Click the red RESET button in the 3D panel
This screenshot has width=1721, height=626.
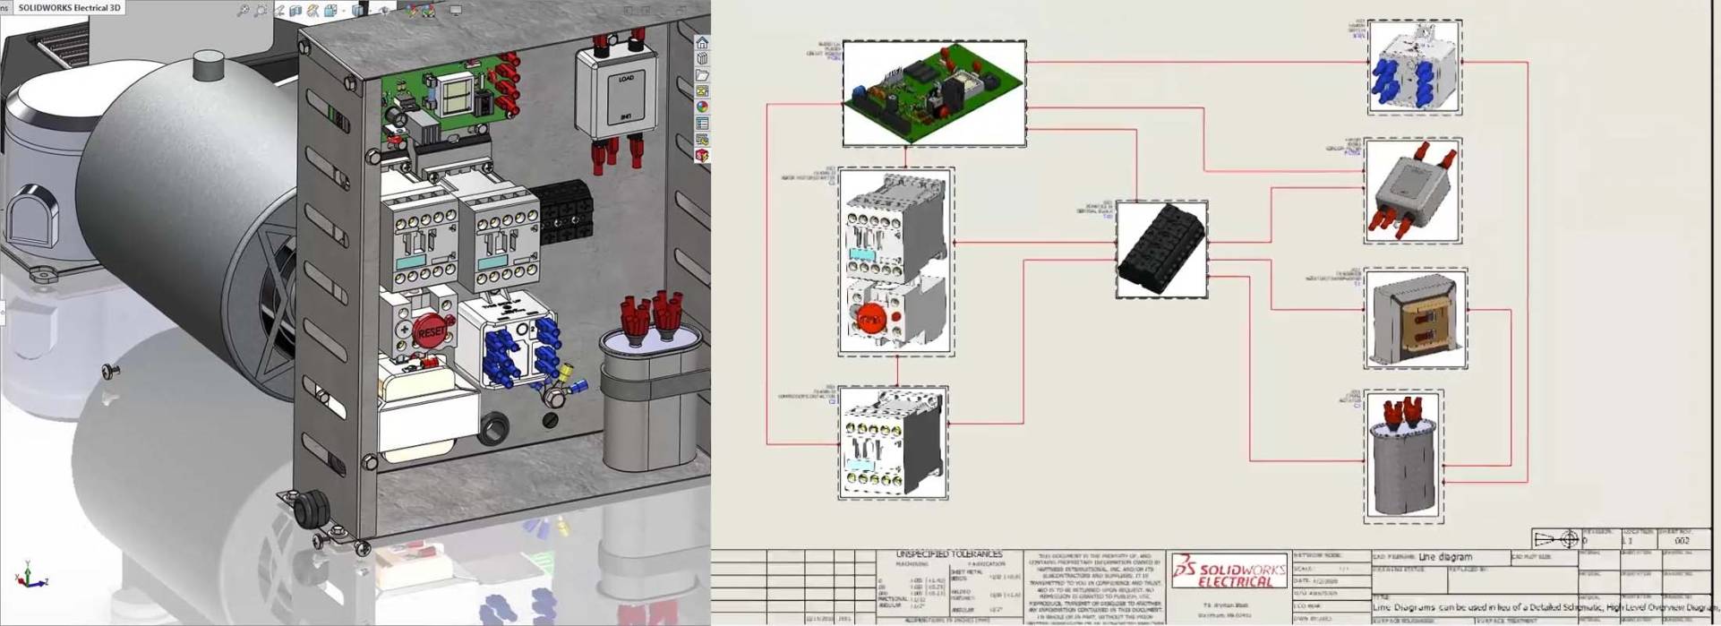tap(431, 331)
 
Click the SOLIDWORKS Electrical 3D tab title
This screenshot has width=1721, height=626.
tap(69, 8)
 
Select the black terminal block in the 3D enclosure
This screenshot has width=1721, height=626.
tap(561, 211)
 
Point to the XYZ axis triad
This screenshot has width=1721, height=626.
tap(31, 576)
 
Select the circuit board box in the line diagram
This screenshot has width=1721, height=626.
tap(934, 93)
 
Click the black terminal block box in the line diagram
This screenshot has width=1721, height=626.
tap(1161, 249)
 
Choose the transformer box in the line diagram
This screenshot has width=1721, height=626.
tap(1415, 318)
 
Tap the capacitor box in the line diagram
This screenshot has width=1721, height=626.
tap(1403, 457)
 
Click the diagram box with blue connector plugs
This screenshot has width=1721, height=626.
tap(1414, 67)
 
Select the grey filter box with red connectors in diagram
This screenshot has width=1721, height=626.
tap(1412, 191)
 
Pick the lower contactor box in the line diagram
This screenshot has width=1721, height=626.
tap(893, 442)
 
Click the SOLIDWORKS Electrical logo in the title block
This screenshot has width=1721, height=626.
tap(1229, 570)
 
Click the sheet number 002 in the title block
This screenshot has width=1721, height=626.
tap(1682, 541)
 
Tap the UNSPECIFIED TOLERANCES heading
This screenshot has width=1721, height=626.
tap(949, 555)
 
